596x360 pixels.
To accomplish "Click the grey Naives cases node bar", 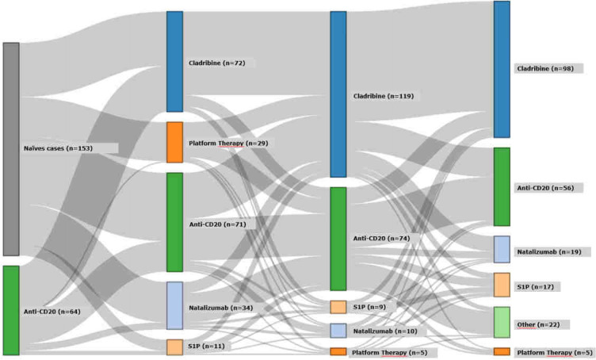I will coord(11,149).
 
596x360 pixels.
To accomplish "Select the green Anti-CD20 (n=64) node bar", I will coord(11,310).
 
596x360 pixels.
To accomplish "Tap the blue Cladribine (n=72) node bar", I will coord(174,61).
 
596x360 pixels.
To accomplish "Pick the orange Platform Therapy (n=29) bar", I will coord(174,142).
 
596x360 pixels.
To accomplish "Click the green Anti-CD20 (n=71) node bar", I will coord(174,222).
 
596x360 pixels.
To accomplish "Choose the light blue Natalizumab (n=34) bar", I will coord(174,305).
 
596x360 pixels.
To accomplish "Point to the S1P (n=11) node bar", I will coord(174,347).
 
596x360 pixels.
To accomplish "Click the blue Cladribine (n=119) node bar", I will coord(338,94).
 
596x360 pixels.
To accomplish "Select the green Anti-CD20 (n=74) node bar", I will coord(338,239).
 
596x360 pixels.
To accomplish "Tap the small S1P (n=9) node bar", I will coord(338,307).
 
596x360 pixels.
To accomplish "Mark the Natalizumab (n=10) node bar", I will coord(338,331).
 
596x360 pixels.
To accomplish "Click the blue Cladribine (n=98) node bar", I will coord(502,69).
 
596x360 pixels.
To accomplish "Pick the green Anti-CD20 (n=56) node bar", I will coord(502,187).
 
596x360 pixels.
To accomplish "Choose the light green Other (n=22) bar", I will coord(502,323).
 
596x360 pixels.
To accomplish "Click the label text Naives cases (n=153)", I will coord(70,148).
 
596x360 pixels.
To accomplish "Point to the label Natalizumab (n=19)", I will coord(548,251).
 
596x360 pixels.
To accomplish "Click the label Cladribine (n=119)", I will coord(383,96).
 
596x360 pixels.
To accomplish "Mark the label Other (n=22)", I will coord(542,325).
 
